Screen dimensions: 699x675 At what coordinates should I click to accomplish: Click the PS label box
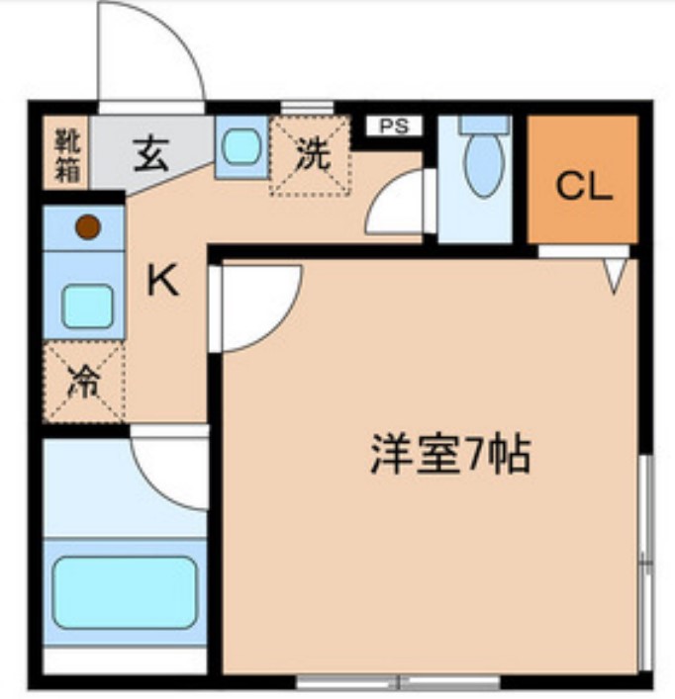coord(395,126)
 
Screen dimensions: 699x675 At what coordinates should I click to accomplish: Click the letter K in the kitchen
coord(162,283)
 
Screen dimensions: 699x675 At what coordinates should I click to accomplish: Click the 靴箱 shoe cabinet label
coord(67,153)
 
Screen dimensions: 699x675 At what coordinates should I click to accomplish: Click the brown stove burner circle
coord(87,227)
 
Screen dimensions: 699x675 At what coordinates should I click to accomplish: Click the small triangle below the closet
coord(615,274)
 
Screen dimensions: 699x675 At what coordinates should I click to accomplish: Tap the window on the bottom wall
coord(399,681)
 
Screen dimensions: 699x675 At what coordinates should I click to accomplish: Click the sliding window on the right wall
coord(644,564)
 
